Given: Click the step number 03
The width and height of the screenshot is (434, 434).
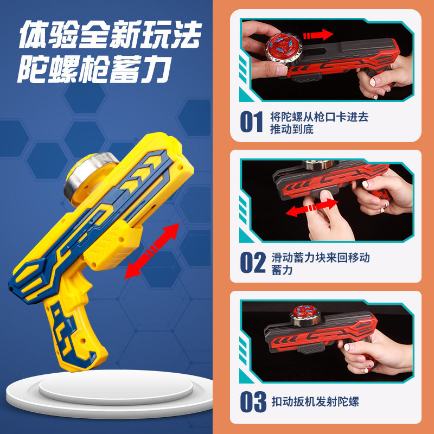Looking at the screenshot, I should tap(253, 401).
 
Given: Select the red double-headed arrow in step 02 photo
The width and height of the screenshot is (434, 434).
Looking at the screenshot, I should tap(310, 209).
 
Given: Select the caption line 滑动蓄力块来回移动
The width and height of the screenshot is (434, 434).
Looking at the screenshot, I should tap(321, 257).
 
